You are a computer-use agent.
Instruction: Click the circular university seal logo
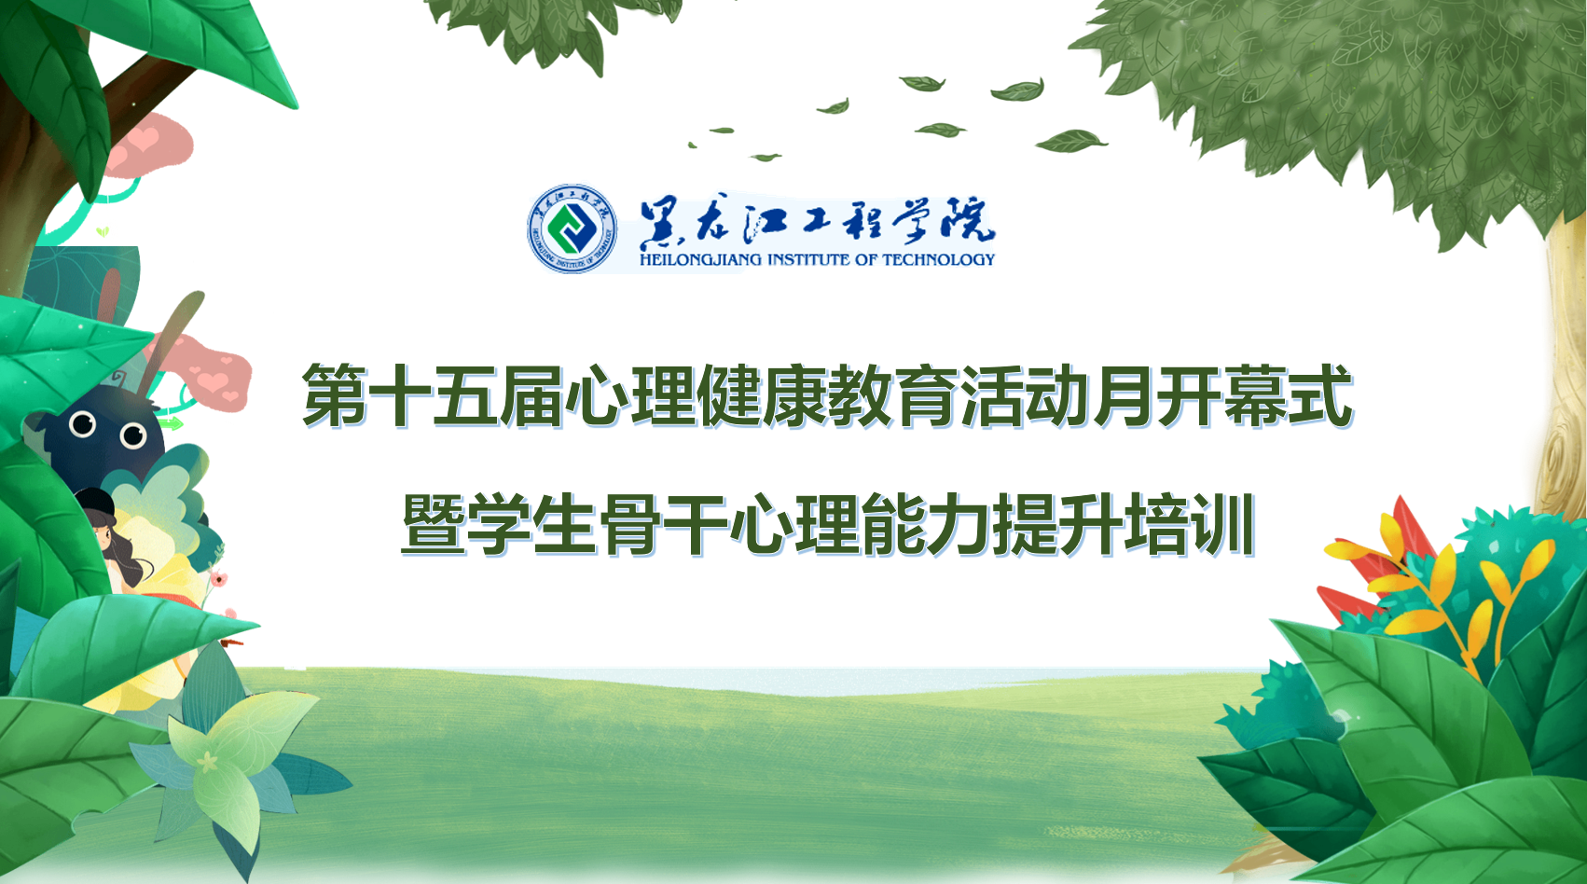(572, 228)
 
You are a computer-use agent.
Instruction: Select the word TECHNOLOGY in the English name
(939, 259)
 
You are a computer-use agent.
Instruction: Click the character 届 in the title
(531, 395)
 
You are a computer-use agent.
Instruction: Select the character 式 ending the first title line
(1321, 395)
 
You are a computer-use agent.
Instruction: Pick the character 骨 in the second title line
(630, 524)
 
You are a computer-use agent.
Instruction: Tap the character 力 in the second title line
(958, 524)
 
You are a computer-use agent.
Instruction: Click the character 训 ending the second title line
(1222, 524)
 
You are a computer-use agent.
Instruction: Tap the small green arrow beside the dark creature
(170, 423)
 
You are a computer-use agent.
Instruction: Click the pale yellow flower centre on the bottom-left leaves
(207, 763)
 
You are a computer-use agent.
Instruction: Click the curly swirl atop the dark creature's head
(118, 377)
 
